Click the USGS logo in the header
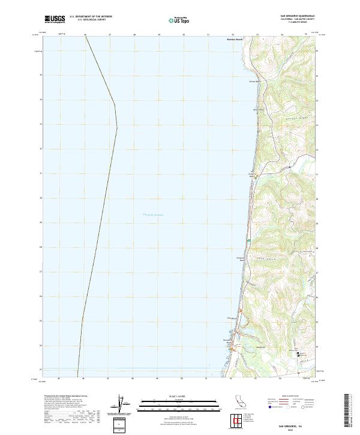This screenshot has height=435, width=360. coord(55,19)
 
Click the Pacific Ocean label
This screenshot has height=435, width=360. coord(153,215)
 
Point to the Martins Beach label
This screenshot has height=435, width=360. coord(233,40)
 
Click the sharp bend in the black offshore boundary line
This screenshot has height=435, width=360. coord(116,127)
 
